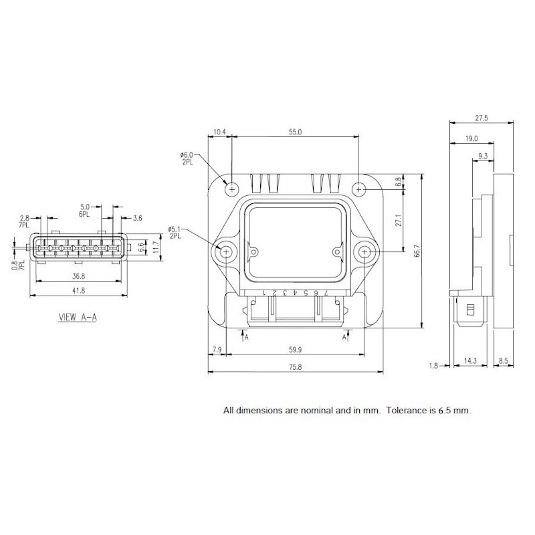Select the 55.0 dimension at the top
[x=296, y=132]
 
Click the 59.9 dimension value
[x=296, y=349]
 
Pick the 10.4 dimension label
[x=219, y=132]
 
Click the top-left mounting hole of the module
[x=231, y=189]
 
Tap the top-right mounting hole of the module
[x=360, y=189]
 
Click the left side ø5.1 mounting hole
[x=226, y=252]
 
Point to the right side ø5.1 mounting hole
[x=365, y=252]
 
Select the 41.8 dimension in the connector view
[x=79, y=290]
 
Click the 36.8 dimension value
[x=79, y=275]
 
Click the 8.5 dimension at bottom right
[x=503, y=361]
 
